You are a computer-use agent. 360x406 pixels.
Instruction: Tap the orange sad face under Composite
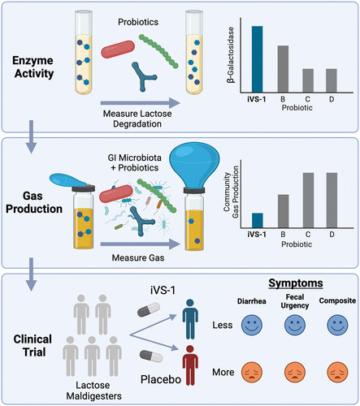[x=332, y=375]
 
